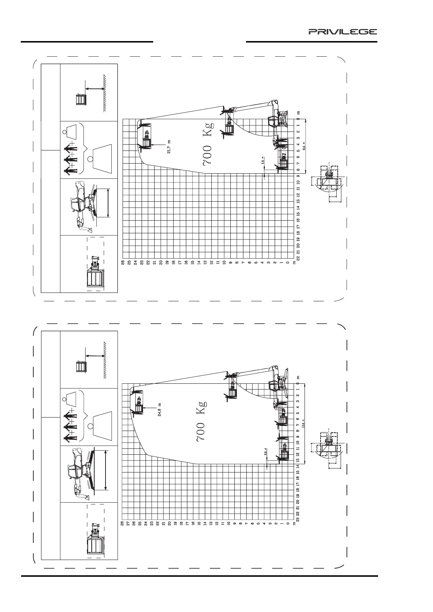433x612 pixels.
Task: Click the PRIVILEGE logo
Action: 343,32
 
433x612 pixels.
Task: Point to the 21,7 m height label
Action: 169,147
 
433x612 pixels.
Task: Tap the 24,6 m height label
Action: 159,410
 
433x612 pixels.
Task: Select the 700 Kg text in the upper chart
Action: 208,144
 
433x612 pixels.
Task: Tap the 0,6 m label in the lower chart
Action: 266,452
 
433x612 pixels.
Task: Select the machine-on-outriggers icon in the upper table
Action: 86,205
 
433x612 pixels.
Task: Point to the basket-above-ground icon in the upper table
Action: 81,99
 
